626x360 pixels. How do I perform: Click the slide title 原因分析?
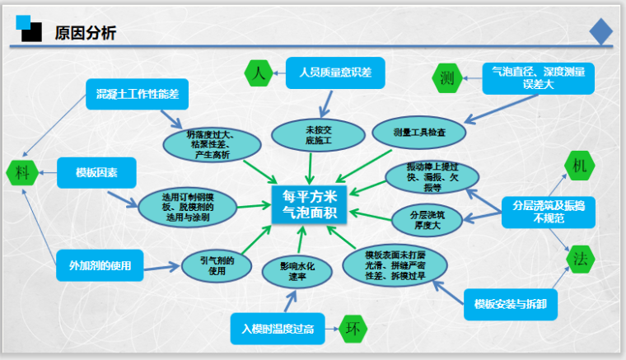(x=85, y=33)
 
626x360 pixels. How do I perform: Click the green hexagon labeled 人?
(x=259, y=72)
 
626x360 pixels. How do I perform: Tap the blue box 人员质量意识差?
(x=330, y=72)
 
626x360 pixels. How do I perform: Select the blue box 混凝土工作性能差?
(x=137, y=95)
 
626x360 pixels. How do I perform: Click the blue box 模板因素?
(x=96, y=173)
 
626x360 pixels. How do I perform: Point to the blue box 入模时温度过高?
(x=278, y=329)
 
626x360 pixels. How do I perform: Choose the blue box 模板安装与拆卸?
(x=511, y=304)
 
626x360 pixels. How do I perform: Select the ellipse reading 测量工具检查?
(x=419, y=131)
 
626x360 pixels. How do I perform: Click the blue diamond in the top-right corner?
(x=600, y=31)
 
